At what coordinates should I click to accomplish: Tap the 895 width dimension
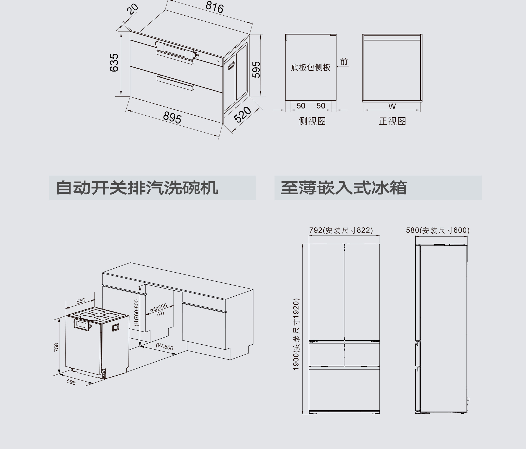(x=172, y=118)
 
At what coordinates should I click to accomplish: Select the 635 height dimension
(x=114, y=62)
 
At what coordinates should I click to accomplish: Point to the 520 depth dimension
(x=242, y=115)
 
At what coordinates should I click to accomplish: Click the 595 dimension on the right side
(x=256, y=70)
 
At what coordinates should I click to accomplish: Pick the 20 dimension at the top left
(x=133, y=9)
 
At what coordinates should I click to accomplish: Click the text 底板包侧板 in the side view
(x=310, y=67)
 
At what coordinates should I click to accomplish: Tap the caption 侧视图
(x=312, y=121)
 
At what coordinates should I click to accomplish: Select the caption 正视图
(x=392, y=121)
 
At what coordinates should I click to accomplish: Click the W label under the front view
(x=392, y=106)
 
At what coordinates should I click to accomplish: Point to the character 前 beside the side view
(x=344, y=62)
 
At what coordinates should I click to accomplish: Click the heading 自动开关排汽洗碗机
(x=137, y=188)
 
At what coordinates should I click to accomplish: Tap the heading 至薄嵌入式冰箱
(x=344, y=188)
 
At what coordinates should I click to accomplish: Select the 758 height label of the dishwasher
(x=56, y=347)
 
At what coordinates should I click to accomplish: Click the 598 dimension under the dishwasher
(x=71, y=382)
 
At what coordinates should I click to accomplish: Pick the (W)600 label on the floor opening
(x=164, y=347)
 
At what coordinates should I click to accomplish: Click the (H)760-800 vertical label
(x=137, y=313)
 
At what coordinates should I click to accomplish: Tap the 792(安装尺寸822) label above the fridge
(x=341, y=230)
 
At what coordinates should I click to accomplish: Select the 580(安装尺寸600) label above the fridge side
(x=438, y=230)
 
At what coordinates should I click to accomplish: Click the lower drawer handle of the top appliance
(x=175, y=82)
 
